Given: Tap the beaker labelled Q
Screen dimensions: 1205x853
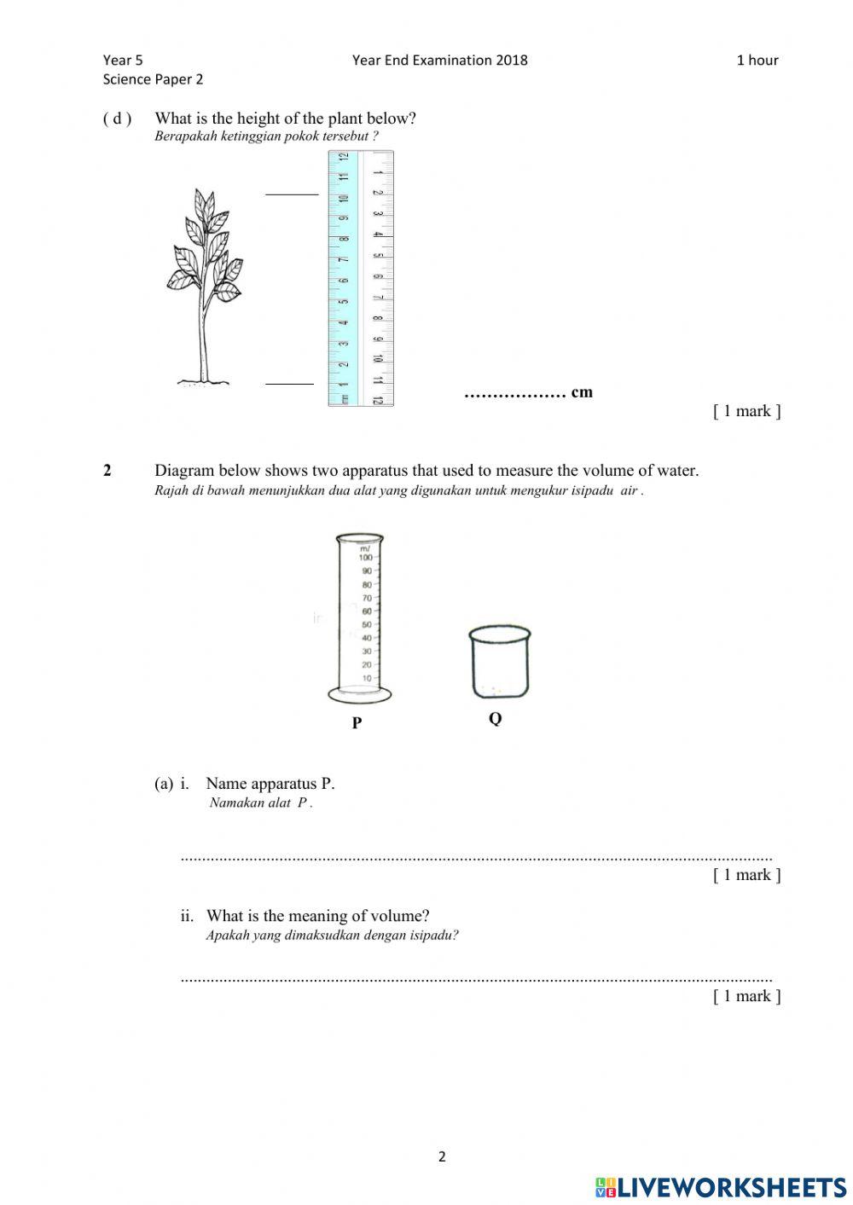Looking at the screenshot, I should [499, 663].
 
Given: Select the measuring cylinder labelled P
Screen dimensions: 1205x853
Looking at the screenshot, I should [360, 617].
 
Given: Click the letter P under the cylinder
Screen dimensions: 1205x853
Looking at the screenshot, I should [357, 723].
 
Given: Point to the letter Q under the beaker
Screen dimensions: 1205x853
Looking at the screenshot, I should [495, 719].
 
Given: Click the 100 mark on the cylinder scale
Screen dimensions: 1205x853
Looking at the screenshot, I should [365, 557].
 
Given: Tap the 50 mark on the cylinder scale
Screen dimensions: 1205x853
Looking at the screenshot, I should [366, 624].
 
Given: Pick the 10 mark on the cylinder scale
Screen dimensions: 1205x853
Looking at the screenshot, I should [366, 678].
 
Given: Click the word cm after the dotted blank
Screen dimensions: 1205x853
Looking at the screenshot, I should [582, 392].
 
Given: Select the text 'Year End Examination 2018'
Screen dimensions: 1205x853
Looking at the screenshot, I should [439, 60].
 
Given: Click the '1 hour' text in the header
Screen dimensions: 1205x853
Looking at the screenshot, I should [757, 60].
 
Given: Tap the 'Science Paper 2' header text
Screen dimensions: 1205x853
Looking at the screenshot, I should [153, 79].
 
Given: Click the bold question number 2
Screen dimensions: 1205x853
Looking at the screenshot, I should [107, 471].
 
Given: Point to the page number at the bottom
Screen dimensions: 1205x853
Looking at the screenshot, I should [442, 1157].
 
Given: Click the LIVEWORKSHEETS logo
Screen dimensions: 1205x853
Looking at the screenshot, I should [721, 1187].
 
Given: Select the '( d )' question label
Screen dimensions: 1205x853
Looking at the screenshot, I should [117, 119].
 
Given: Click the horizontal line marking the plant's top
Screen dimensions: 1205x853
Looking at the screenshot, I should [291, 194].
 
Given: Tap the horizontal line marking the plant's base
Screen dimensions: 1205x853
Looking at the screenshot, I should [289, 384].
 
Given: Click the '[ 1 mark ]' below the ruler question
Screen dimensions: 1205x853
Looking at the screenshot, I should [746, 411].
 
